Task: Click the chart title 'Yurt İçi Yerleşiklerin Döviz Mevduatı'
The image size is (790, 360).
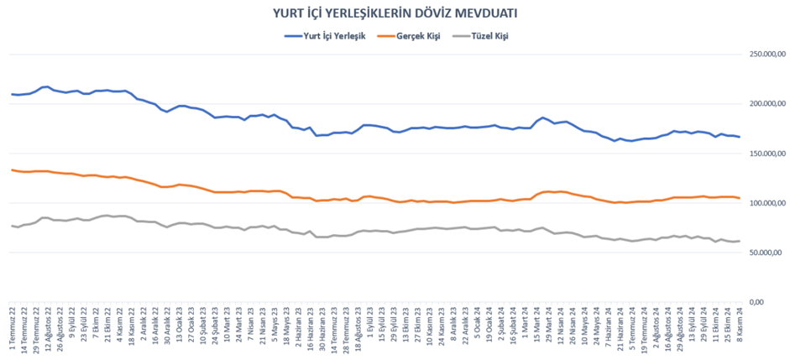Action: (395, 13)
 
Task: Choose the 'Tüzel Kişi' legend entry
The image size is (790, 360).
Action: (487, 36)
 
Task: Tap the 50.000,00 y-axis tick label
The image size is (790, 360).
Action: (763, 253)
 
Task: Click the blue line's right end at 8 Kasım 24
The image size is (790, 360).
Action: (739, 137)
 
